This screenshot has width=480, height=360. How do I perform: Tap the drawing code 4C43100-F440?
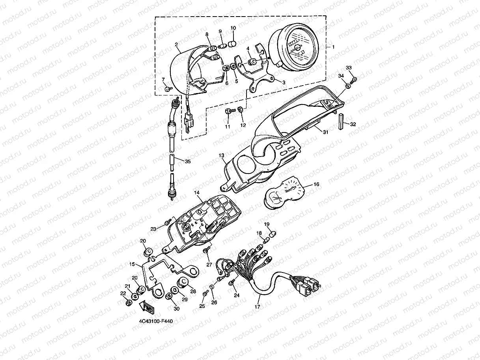tap(156, 321)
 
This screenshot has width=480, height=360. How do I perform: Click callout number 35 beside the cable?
tap(188, 162)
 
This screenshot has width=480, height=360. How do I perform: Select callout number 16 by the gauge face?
tap(316, 184)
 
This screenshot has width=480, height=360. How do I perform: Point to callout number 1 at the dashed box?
tap(333, 47)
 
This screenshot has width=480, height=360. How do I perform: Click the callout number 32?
tap(353, 124)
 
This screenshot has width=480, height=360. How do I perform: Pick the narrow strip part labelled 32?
tap(341, 121)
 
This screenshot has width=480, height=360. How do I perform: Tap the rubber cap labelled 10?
tap(232, 43)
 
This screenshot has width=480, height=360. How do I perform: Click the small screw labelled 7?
tap(168, 89)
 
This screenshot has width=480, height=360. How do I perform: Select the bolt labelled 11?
tap(230, 111)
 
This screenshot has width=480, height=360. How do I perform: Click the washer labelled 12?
tap(240, 109)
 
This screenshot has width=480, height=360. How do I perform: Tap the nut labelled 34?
tap(348, 86)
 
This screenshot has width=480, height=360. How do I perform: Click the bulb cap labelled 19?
tap(273, 234)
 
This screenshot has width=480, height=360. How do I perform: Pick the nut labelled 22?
tap(129, 303)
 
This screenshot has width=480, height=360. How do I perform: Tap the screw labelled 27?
tap(207, 250)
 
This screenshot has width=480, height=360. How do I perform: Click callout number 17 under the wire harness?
tap(257, 307)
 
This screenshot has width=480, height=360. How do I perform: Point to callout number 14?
tap(196, 192)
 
